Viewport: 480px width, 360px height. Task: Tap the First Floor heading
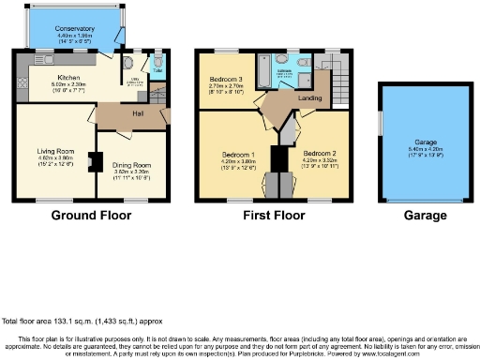pos(273,214)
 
